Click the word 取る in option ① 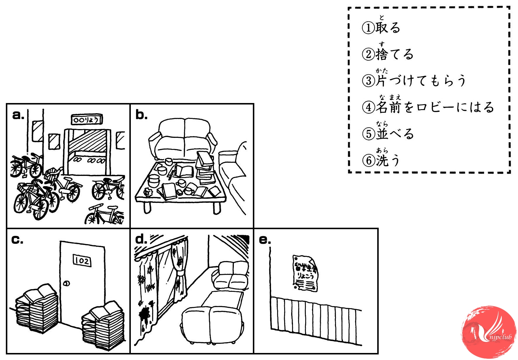(388, 28)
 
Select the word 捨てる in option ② (394, 54)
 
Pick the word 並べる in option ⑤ (395, 134)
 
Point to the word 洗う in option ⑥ (388, 160)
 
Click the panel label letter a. (18, 115)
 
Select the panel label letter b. (141, 115)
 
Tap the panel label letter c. (17, 240)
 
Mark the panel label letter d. (141, 240)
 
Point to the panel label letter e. (265, 240)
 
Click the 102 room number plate (82, 260)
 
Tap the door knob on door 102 (67, 283)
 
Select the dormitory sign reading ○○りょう (87, 120)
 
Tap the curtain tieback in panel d (179, 275)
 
